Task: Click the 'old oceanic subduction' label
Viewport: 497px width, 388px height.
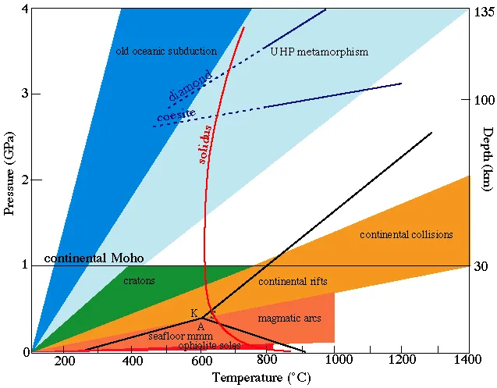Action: pos(166,52)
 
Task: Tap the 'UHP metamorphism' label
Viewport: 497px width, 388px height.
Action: pos(319,52)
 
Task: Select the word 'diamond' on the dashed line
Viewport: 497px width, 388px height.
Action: pos(189,88)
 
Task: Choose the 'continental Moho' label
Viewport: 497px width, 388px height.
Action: pos(94,258)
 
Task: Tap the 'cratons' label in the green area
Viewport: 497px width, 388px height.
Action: pos(140,280)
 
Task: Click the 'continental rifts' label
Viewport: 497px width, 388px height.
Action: pos(293,281)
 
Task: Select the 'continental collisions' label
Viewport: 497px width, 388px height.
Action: pos(406,235)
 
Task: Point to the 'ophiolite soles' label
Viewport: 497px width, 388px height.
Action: pos(210,345)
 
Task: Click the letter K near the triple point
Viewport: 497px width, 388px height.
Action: pos(193,313)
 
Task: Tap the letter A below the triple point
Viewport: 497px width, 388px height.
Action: pos(201,326)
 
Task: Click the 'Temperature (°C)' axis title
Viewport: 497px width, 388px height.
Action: pos(250,379)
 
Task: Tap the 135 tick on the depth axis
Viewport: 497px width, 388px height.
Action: pos(481,12)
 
